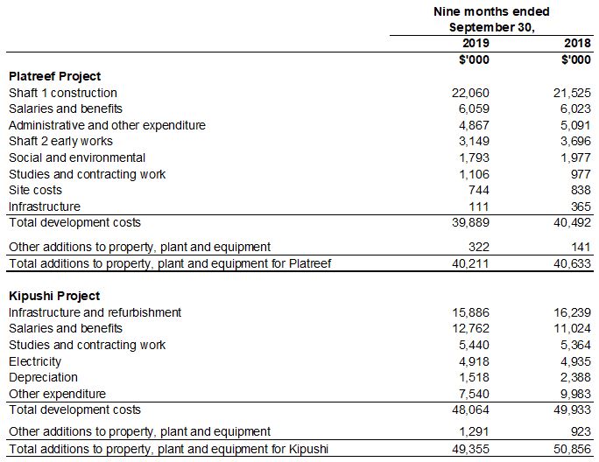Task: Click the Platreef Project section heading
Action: tap(54, 76)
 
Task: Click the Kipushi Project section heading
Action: tap(54, 296)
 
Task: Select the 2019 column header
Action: tap(475, 43)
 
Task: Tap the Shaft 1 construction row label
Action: tap(62, 93)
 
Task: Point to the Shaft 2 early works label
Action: tap(60, 141)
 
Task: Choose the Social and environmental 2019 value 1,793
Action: tap(475, 157)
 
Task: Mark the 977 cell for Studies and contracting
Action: tap(581, 174)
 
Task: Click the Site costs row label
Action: tap(35, 190)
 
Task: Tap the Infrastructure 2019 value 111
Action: tap(479, 206)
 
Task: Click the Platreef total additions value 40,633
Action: tap(573, 263)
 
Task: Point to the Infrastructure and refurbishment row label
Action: tap(95, 312)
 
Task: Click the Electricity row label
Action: tap(35, 361)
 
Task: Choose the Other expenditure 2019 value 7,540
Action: tap(475, 394)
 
